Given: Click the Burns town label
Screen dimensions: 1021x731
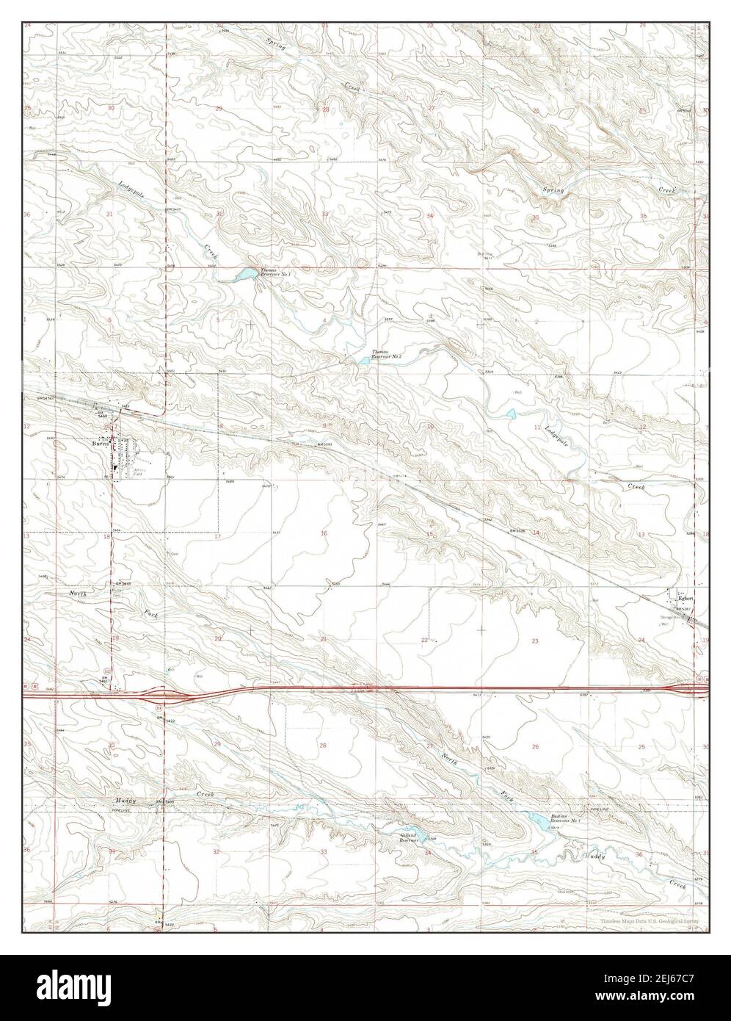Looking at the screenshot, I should click(x=101, y=444).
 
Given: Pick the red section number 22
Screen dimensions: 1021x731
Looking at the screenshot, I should click(x=424, y=641).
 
